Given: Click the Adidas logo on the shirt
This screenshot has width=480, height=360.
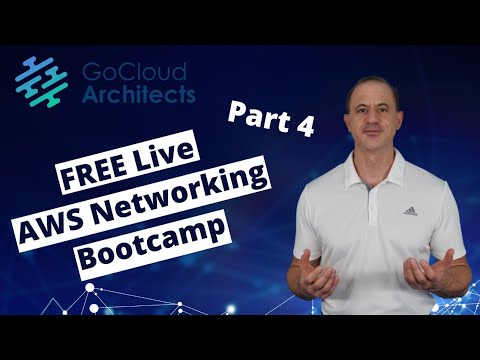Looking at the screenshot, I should (x=409, y=211).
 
